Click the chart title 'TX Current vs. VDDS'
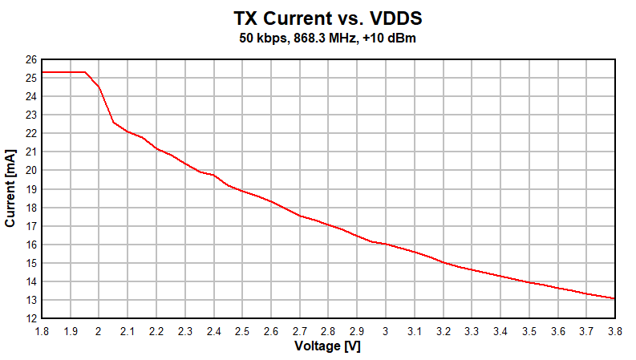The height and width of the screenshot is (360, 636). tap(326, 18)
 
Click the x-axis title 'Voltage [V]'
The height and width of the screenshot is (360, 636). tap(327, 347)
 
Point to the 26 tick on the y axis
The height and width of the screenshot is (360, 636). tap(30, 60)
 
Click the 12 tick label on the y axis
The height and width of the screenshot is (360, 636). tap(30, 318)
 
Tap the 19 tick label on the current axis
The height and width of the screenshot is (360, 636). tap(30, 189)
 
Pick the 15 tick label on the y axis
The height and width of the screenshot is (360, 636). tap(30, 263)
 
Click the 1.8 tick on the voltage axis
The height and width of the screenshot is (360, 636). tap(42, 330)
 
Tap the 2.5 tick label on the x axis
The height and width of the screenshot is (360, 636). tap(242, 330)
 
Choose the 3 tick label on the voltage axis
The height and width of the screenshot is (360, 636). tap(386, 330)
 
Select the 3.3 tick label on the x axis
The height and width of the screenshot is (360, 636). tap(472, 330)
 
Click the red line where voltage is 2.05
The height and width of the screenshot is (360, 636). tap(113, 122)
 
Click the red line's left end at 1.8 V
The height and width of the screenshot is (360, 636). tap(43, 72)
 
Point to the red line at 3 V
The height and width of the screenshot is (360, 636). tap(386, 244)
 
